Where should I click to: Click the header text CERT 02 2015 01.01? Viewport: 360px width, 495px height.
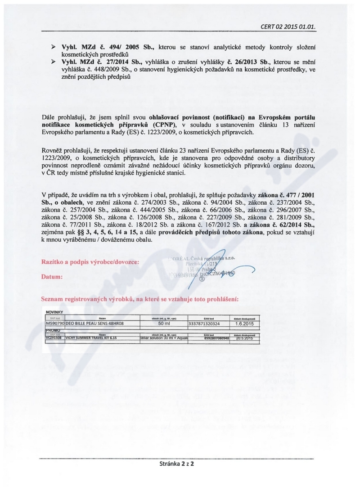coord(288,27)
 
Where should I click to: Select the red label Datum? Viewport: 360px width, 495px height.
coord(52,277)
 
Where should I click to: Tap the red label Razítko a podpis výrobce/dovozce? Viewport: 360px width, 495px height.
coord(90,261)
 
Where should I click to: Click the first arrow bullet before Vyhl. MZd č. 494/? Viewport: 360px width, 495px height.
coord(53,47)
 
